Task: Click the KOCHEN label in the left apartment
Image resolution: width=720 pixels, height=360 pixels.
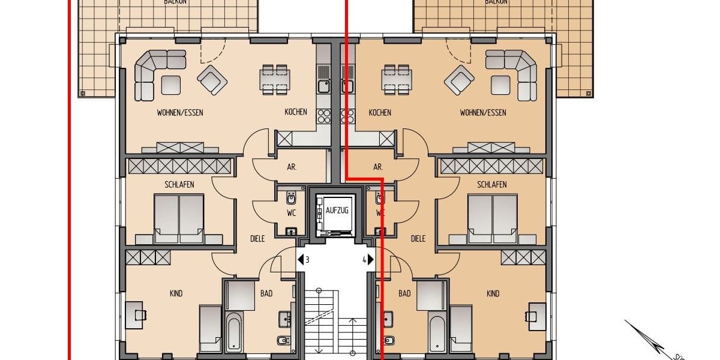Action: click(296, 112)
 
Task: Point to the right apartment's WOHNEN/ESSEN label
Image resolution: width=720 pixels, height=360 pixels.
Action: click(482, 112)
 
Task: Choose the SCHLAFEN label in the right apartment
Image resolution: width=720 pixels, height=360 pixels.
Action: click(491, 184)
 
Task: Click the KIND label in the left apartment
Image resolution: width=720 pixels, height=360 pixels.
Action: click(176, 293)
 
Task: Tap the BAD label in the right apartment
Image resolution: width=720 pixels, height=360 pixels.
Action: click(404, 293)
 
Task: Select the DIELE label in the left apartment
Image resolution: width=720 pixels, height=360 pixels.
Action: click(257, 238)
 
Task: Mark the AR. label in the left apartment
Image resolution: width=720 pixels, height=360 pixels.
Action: click(292, 167)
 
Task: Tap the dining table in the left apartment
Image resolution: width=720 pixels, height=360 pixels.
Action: click(274, 79)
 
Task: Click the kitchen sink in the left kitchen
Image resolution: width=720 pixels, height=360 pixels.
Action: click(323, 86)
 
